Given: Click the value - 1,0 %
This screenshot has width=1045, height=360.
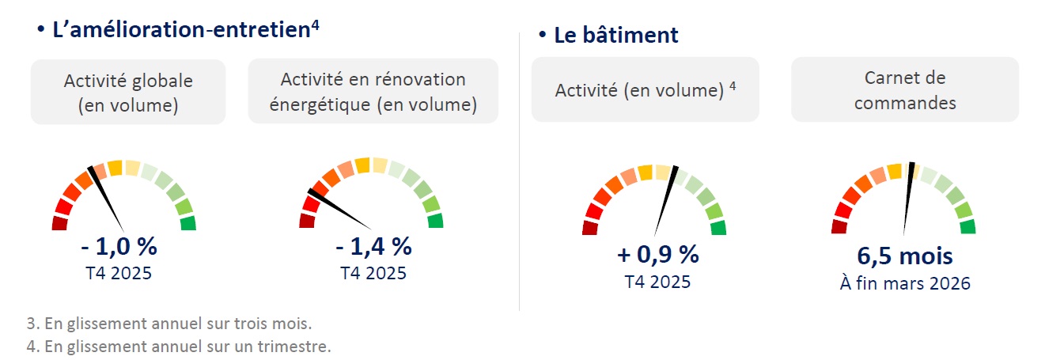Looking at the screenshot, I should click(119, 247).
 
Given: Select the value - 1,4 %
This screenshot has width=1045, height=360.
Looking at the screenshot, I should click(373, 247).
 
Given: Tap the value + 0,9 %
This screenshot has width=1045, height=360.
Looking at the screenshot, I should click(657, 255).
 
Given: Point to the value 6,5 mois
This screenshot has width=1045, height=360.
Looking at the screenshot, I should click(904, 256).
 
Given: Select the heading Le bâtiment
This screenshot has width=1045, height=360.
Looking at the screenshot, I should click(615, 36).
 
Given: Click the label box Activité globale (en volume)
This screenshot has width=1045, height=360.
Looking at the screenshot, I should click(128, 92).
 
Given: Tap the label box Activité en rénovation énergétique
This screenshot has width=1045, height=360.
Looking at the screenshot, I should click(373, 91).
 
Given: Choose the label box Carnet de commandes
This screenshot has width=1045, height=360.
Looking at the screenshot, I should click(905, 89).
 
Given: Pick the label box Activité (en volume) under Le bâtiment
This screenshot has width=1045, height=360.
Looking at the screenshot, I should click(645, 89).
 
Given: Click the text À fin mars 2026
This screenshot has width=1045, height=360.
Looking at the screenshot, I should click(904, 283).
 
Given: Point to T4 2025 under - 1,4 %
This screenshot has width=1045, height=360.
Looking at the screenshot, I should click(373, 273).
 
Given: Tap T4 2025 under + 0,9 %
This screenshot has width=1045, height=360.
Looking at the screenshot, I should click(657, 282).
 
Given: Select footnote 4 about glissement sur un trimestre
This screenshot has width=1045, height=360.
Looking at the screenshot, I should click(178, 346).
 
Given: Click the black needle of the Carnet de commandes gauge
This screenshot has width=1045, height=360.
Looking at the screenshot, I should click(908, 198).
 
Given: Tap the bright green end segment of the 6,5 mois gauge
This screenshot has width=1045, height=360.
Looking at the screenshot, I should click(967, 227).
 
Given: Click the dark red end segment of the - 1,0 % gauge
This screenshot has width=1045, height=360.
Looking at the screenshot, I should click(59, 224).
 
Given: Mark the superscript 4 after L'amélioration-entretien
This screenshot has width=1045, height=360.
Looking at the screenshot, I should click(315, 24).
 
